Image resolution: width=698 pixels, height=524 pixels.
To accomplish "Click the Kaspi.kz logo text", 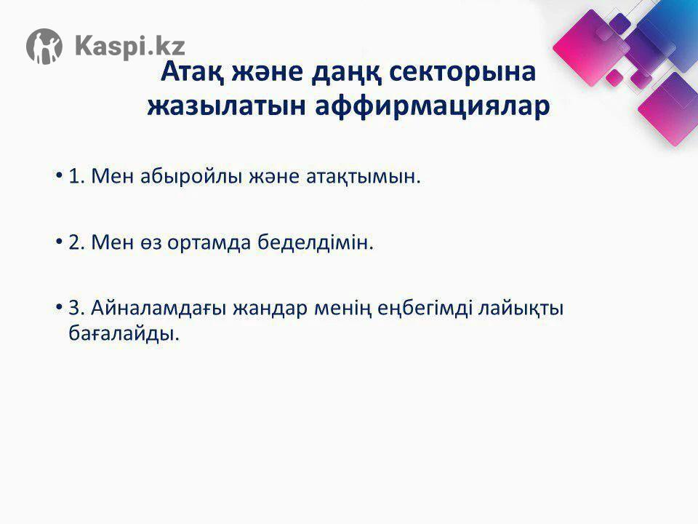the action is [x=130, y=46].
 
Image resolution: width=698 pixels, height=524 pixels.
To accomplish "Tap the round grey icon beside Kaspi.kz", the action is [x=44, y=47].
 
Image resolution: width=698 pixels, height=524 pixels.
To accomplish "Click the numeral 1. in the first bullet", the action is [x=76, y=177].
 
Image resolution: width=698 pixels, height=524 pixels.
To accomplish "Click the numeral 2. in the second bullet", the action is [x=76, y=243].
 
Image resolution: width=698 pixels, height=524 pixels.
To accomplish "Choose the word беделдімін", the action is [x=316, y=243].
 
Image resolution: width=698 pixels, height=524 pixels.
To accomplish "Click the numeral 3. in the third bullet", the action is [x=76, y=309].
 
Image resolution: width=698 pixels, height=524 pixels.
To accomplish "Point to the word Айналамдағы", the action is [x=159, y=309].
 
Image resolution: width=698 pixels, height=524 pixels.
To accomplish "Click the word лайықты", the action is [x=521, y=309].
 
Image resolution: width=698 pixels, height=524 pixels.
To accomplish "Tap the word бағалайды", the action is [x=124, y=334].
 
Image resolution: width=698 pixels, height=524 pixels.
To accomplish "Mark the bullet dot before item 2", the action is [x=58, y=241].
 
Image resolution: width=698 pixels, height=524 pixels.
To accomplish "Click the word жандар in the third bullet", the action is [x=270, y=309].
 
